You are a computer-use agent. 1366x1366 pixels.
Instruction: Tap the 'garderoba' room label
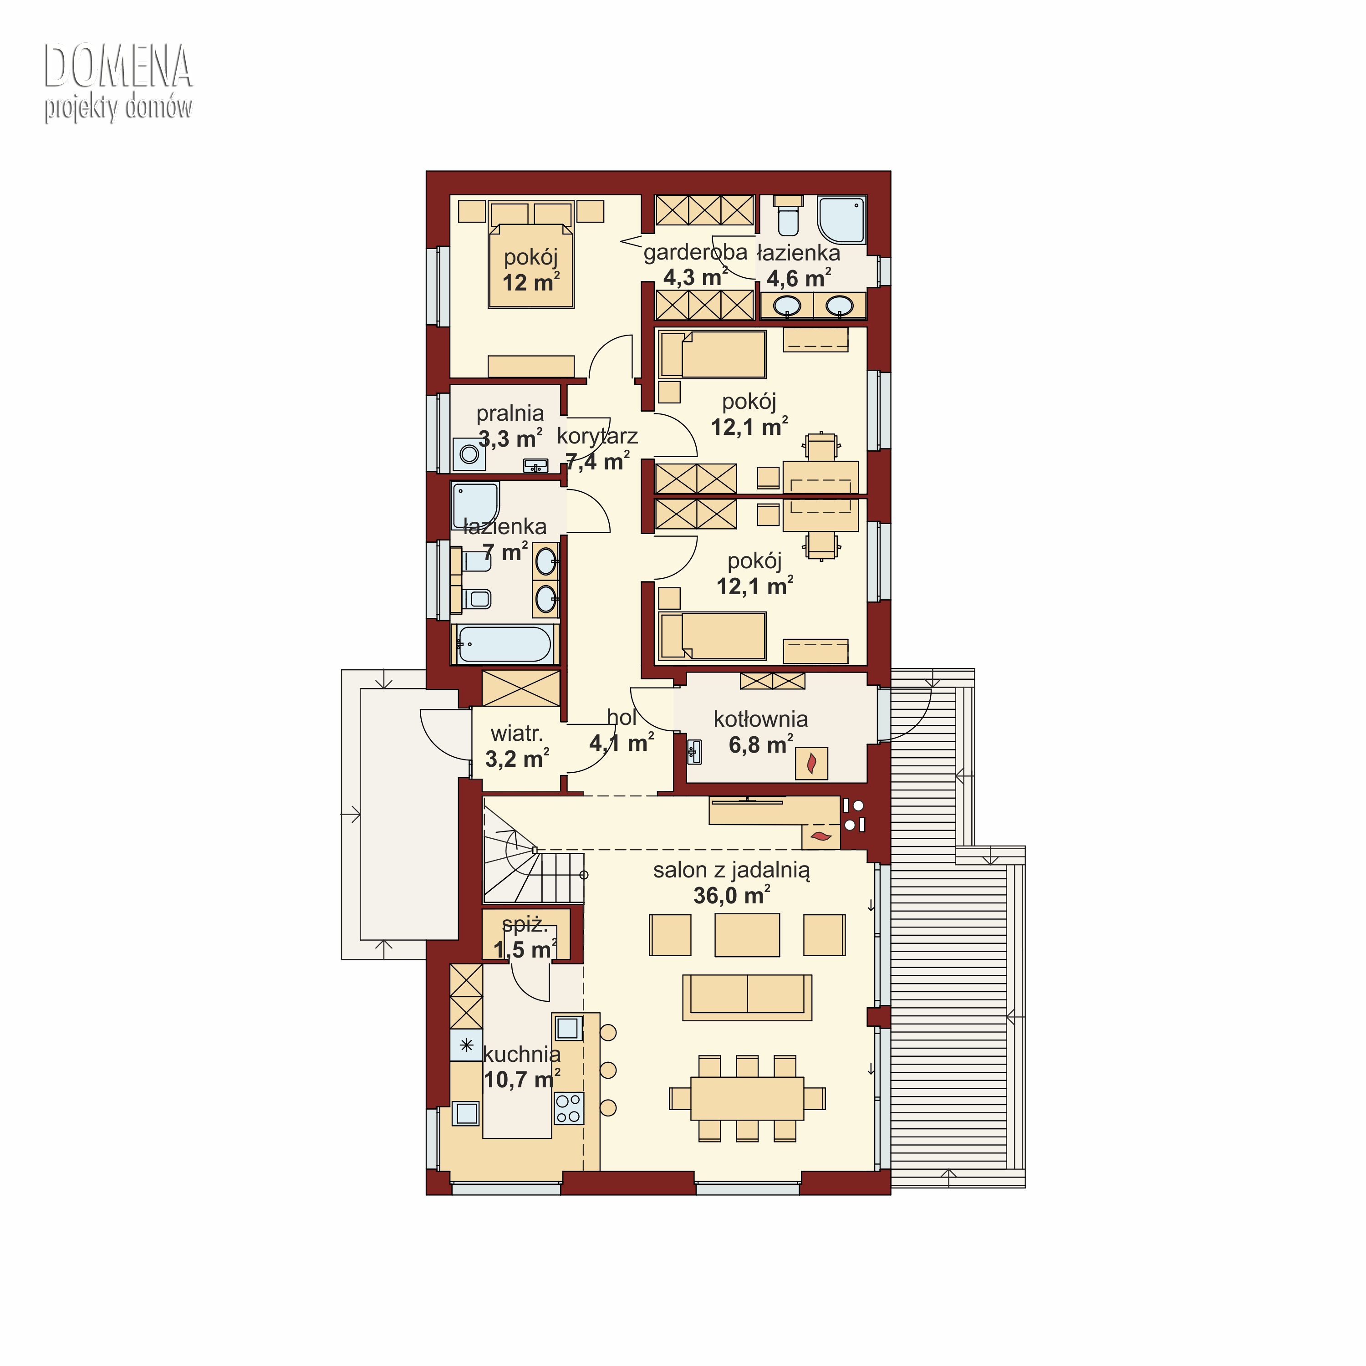(x=695, y=252)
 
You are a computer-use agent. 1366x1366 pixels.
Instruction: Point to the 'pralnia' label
(x=510, y=413)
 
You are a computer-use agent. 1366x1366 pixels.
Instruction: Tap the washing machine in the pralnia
(x=469, y=454)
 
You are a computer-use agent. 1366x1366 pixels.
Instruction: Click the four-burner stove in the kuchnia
(x=568, y=1108)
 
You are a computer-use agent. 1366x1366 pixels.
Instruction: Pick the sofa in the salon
(x=747, y=997)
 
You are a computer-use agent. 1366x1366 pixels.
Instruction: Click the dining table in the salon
(x=747, y=1098)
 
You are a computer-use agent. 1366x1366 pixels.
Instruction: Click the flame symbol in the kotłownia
(x=811, y=764)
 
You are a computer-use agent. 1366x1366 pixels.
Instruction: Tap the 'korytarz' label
(x=597, y=436)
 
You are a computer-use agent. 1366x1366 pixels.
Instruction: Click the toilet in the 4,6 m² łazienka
(x=788, y=216)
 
